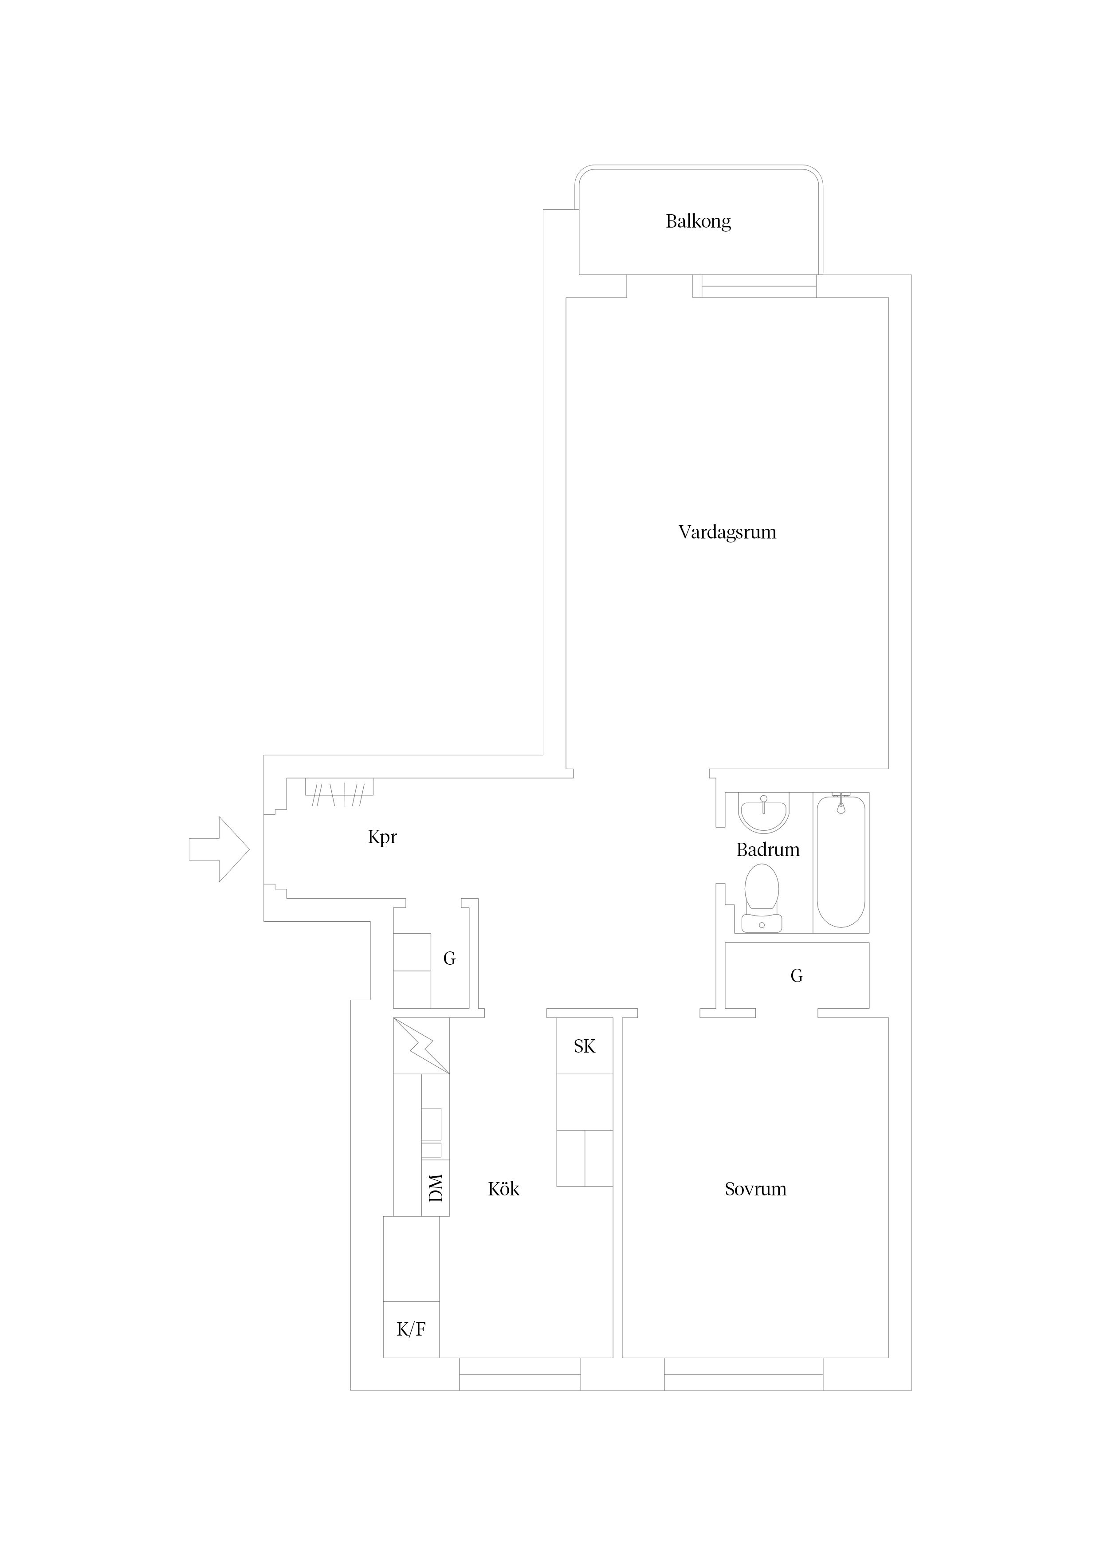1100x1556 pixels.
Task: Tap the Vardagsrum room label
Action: point(727,532)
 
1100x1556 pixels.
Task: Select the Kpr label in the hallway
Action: point(382,837)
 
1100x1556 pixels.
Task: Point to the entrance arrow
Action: point(219,849)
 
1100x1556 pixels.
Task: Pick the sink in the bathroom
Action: point(764,813)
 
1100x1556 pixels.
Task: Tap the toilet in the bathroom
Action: point(762,898)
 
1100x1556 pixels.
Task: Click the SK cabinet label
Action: point(584,1046)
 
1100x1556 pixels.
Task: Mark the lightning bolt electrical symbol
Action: point(421,1046)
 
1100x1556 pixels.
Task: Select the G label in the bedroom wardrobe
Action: point(796,975)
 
